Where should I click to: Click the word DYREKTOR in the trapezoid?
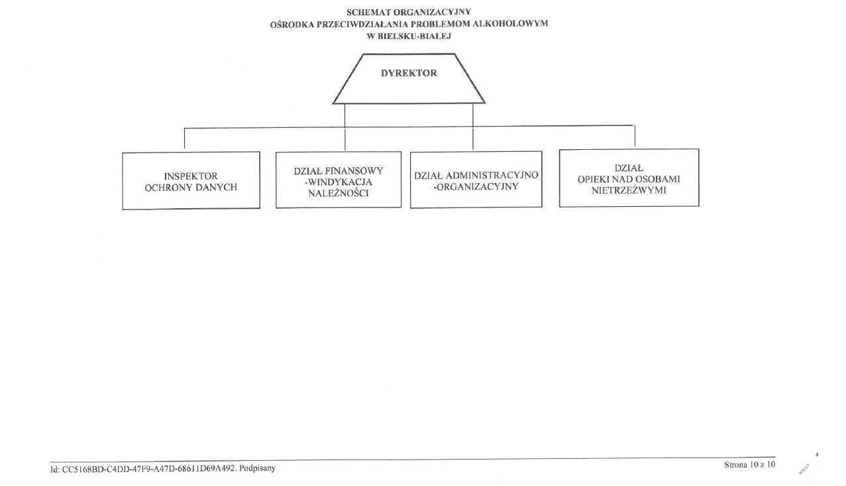pyautogui.click(x=409, y=73)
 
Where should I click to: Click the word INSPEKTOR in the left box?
pyautogui.click(x=191, y=176)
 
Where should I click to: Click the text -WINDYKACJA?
pyautogui.click(x=339, y=182)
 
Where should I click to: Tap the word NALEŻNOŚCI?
pyautogui.click(x=339, y=194)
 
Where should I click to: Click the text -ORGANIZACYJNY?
pyautogui.click(x=476, y=187)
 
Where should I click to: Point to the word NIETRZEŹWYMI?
pyautogui.click(x=629, y=190)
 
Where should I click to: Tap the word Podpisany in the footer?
pyautogui.click(x=258, y=468)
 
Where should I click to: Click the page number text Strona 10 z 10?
pyautogui.click(x=750, y=465)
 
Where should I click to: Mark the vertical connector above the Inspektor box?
pyautogui.click(x=184, y=139)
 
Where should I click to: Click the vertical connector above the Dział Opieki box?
pyautogui.click(x=635, y=136)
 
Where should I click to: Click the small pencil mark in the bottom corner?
pyautogui.click(x=804, y=469)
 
